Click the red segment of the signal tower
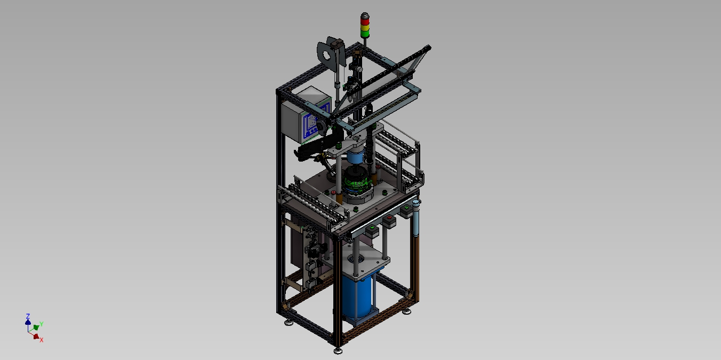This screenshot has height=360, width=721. tap(365, 21)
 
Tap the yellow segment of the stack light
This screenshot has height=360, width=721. tap(365, 28)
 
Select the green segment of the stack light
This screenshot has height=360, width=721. tap(365, 34)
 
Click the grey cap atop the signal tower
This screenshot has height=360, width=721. tap(365, 15)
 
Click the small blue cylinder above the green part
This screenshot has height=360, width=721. tap(355, 157)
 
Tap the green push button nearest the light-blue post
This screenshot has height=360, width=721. tap(406, 208)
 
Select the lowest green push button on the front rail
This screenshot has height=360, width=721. tap(372, 228)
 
